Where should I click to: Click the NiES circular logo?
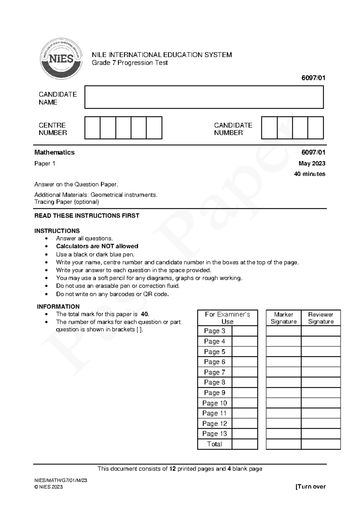point(61,59)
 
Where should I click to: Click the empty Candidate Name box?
point(204,97)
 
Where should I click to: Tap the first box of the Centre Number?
point(92,128)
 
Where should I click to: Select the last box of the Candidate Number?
point(316,128)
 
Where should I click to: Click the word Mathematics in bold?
point(54,152)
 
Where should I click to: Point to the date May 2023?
point(312,164)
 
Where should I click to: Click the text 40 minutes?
point(310,174)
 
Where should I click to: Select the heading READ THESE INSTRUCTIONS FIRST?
point(87,216)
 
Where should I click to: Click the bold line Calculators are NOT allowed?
point(97,246)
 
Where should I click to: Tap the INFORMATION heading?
point(58,307)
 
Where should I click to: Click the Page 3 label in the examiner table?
point(214,331)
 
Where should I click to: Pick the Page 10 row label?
point(214,403)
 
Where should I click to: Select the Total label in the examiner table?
point(214,444)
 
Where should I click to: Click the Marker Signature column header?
point(283,318)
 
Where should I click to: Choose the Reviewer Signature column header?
point(321,318)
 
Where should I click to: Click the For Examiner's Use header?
point(227,318)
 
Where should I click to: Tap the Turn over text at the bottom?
point(310,487)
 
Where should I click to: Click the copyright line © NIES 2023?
point(49,487)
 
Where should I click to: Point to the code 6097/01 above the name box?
point(313,78)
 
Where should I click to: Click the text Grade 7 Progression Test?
point(130,63)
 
